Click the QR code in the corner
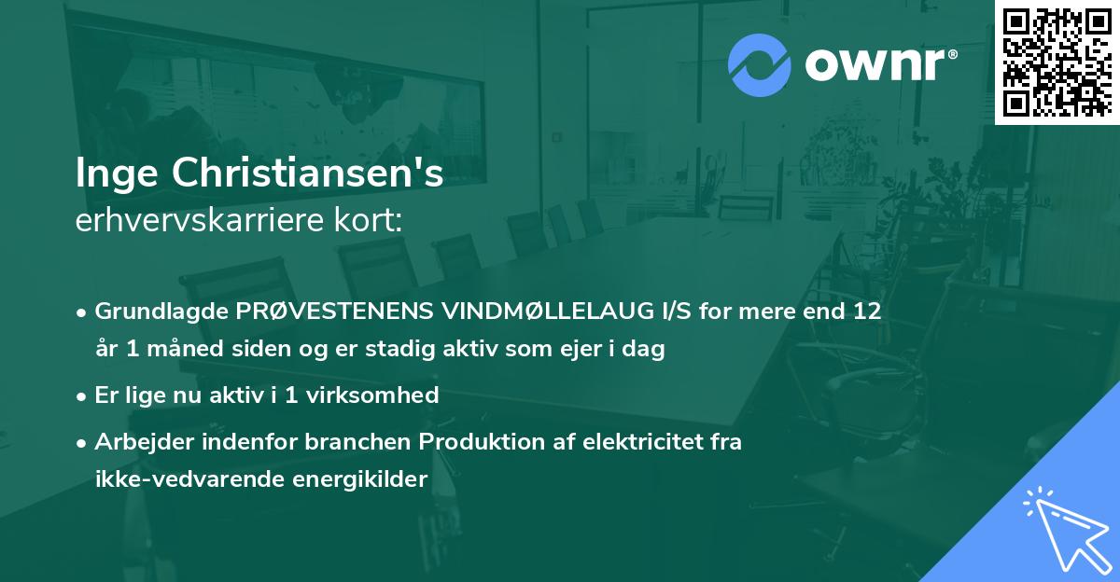1057,62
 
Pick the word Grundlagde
151,311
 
